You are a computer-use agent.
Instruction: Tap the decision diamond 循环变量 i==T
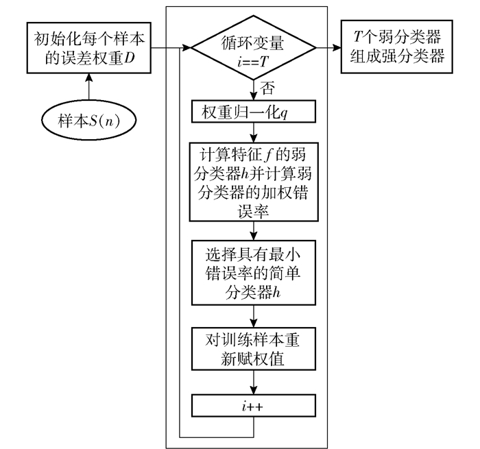(254, 48)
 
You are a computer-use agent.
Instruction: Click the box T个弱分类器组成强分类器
(396, 48)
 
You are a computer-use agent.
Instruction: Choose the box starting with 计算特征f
(254, 181)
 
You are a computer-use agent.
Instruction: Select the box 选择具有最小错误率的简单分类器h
(254, 273)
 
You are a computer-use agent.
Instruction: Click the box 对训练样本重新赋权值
(254, 349)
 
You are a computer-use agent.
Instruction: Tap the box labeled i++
(254, 404)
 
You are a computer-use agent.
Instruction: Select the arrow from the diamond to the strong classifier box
(328, 49)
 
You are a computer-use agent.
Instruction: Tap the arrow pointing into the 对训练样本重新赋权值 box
(254, 316)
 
